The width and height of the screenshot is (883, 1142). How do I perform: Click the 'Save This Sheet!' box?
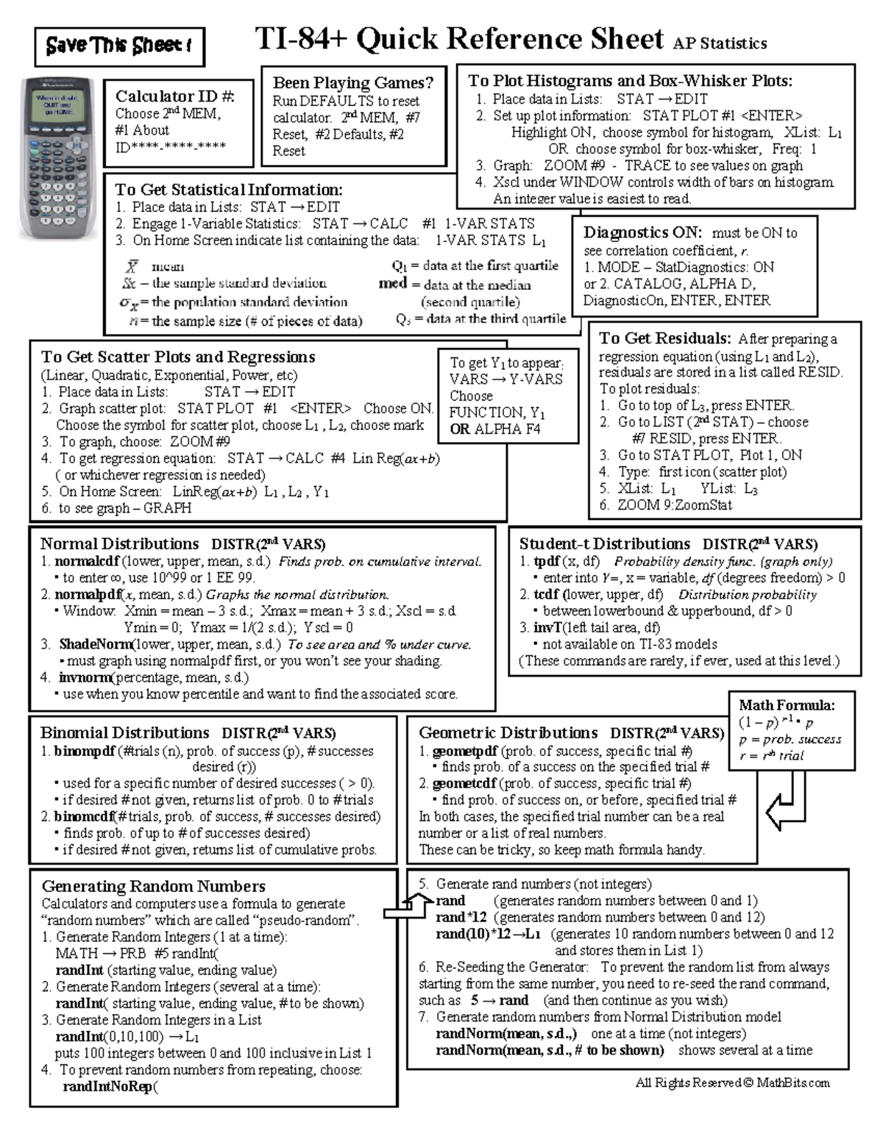(119, 46)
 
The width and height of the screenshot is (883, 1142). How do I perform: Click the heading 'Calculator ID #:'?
(174, 96)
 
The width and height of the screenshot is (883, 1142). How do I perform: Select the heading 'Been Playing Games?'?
(353, 83)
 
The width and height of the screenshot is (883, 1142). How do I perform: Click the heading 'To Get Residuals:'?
(664, 338)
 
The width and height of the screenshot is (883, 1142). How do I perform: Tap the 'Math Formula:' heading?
(787, 705)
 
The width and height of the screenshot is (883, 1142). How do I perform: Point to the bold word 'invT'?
(547, 627)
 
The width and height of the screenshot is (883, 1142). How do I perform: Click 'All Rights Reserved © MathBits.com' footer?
(732, 1082)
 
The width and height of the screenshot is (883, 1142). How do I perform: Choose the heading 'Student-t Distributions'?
(604, 544)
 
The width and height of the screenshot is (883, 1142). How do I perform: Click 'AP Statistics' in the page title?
(720, 44)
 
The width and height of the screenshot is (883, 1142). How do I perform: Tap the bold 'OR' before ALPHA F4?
(460, 429)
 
